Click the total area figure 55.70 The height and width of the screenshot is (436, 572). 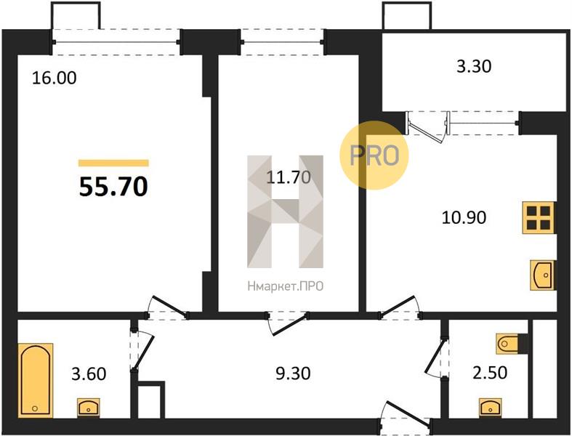pos(113,187)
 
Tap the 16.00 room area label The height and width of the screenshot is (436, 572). pos(55,78)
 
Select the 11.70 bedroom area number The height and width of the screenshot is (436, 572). pos(289,177)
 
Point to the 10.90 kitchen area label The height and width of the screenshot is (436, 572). pos(464,217)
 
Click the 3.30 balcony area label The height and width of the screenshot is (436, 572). pos(474,66)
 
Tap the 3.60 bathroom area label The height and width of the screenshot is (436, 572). pos(89,374)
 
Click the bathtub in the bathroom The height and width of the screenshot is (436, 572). pos(36,380)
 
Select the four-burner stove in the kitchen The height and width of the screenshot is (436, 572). pos(539,217)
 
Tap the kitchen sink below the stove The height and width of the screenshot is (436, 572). pos(542,275)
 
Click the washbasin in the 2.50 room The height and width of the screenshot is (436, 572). pos(491,407)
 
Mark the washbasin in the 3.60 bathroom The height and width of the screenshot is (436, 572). pos(88,408)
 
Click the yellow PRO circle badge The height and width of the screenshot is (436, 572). pos(374,155)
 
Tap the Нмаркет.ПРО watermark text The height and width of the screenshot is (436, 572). pos(285,286)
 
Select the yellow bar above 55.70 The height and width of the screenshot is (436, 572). pos(113,163)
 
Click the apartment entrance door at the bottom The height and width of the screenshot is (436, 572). pos(406,416)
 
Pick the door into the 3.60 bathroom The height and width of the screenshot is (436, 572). pos(142,350)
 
